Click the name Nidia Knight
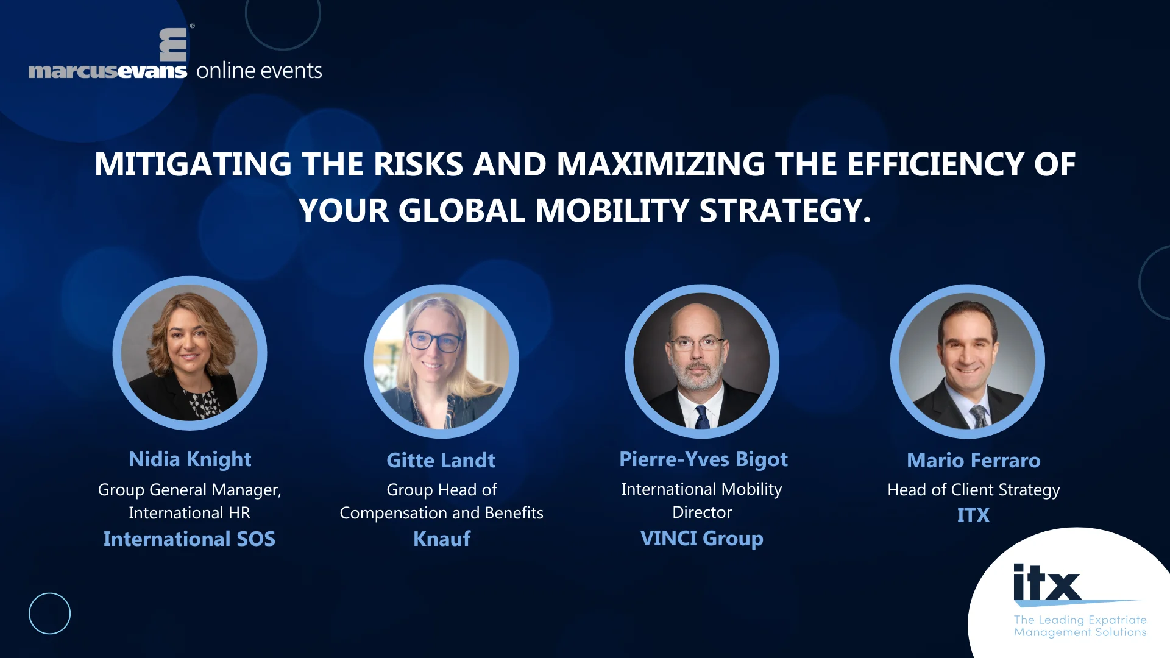click(190, 459)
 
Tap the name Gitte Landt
click(441, 461)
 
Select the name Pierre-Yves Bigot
click(703, 459)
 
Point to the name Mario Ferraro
click(973, 461)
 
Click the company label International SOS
click(189, 539)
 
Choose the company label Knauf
click(442, 539)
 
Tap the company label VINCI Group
click(701, 539)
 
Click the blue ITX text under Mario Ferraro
click(973, 515)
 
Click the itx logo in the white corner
click(1047, 583)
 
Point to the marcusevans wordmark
click(108, 71)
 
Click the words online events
click(259, 71)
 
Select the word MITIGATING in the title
click(193, 164)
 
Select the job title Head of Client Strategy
click(973, 490)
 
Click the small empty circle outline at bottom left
click(49, 614)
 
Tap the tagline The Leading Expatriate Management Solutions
click(1080, 626)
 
